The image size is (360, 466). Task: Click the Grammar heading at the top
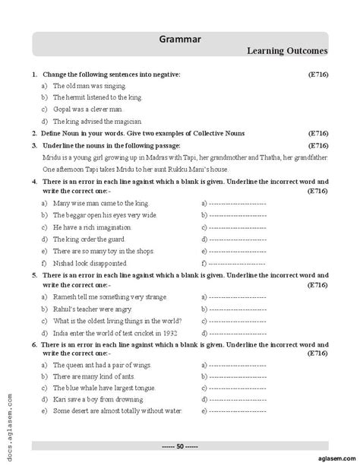click(x=180, y=40)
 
